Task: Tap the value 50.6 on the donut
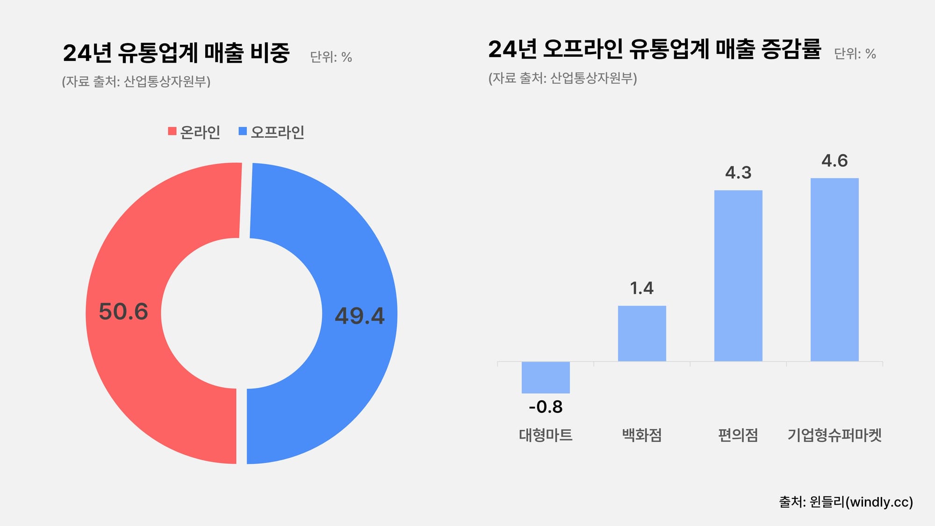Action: tap(123, 312)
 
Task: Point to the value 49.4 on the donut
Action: tap(360, 316)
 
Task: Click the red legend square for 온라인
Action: tap(172, 131)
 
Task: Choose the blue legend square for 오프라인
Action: tap(243, 131)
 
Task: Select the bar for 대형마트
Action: tap(546, 377)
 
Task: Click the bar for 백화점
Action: tap(642, 333)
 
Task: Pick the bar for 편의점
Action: tap(738, 276)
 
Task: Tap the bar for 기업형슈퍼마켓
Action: tap(834, 270)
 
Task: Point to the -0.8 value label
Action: tap(546, 407)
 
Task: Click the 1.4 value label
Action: tap(642, 288)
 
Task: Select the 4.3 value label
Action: tap(738, 173)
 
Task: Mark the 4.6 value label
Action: tap(834, 161)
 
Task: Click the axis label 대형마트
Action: tap(546, 435)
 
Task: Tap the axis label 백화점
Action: tap(642, 435)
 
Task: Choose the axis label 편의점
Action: tap(738, 435)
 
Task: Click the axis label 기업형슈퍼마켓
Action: tap(834, 435)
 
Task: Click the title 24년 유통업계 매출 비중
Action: tap(176, 53)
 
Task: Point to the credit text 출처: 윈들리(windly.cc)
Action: tap(846, 502)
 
